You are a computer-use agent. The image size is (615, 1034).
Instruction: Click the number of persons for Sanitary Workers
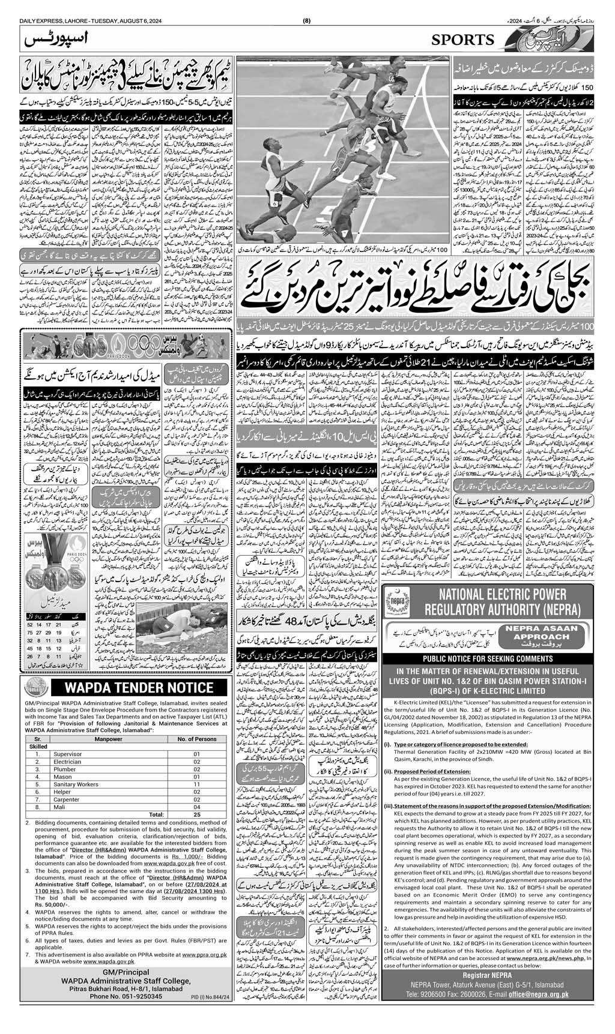[x=196, y=784]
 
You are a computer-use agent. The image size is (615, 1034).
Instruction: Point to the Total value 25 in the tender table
[x=196, y=814]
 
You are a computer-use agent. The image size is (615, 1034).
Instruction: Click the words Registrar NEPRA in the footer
[x=488, y=976]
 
